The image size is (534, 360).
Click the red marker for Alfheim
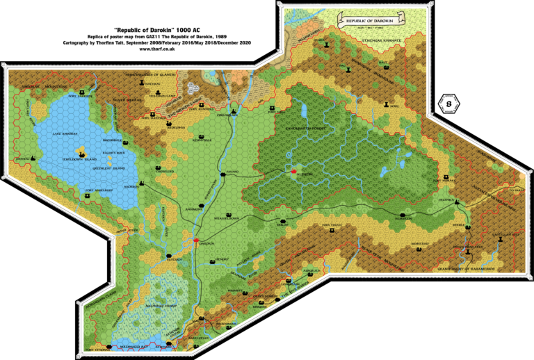(x=293, y=171)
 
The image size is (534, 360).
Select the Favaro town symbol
(x=223, y=174)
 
